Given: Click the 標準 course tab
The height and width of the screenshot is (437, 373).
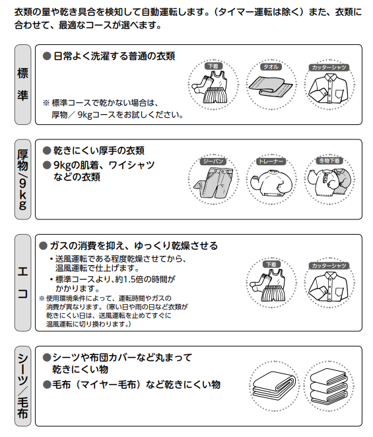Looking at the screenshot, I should tap(22, 84).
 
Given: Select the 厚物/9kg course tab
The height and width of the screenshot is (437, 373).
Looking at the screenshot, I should tap(22, 178).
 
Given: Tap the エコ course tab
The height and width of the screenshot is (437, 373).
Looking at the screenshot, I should tap(22, 282).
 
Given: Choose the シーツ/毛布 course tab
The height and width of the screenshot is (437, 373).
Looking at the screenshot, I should tap(22, 385).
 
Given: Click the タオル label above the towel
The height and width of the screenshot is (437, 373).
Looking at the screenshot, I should tap(271, 67).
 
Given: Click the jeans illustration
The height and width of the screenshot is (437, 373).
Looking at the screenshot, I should tap(213, 181).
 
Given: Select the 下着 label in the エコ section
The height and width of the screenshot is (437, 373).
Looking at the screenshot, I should tap(271, 264).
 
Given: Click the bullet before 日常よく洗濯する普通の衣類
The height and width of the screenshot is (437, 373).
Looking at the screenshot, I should tap(47, 56).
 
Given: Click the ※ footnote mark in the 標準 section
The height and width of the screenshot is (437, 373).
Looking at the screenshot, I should tap(46, 103).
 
